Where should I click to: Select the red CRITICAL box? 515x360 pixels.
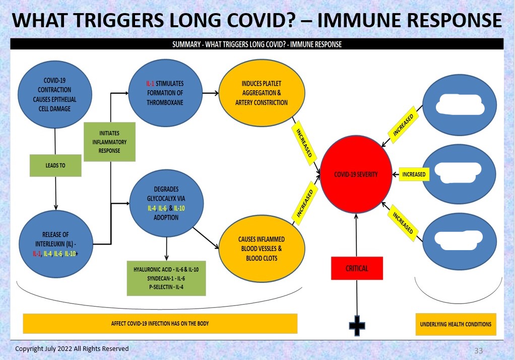tap(357, 268)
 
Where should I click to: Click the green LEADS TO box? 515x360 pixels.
tap(55, 165)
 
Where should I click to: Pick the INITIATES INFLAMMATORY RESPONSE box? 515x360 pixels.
tap(109, 142)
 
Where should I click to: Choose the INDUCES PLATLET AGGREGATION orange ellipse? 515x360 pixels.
tap(262, 94)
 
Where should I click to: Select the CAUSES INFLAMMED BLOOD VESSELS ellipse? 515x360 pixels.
tap(262, 248)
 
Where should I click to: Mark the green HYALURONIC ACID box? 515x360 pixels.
tap(166, 278)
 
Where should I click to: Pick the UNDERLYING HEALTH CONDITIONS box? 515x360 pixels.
tap(456, 324)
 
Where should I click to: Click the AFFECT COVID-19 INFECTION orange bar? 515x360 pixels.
tap(160, 324)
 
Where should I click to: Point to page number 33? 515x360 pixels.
tap(479, 350)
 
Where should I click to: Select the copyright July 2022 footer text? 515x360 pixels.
tap(72, 349)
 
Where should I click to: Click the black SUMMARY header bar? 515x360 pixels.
tap(257, 44)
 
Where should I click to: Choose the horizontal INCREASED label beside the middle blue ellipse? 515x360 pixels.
tap(413, 174)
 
